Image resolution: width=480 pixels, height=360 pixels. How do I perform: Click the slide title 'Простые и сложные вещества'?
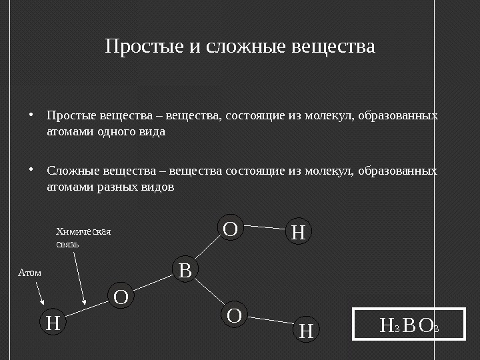coord(240,48)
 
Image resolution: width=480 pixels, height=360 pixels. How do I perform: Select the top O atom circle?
coord(231,229)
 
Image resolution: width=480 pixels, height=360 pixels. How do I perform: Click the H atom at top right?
coord(299,233)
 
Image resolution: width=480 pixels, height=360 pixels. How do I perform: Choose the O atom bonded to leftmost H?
coord(121,296)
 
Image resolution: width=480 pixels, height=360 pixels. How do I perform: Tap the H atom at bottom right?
coord(307,330)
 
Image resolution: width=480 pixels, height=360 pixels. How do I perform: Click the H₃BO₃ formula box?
coord(408,325)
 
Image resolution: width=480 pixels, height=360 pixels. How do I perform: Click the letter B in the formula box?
coord(410,325)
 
